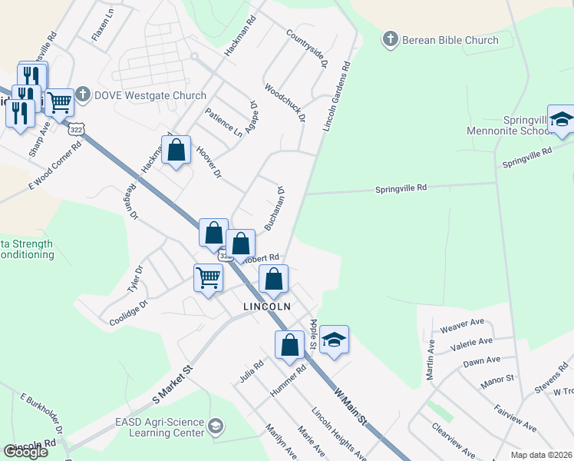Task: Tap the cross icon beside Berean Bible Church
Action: [390, 39]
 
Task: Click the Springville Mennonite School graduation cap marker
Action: [562, 120]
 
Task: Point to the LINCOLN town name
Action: [266, 306]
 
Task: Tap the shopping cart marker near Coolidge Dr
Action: [209, 278]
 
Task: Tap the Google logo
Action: [25, 451]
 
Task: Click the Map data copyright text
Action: [542, 455]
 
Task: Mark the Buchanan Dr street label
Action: [275, 207]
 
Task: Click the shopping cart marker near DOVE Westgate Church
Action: [59, 101]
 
